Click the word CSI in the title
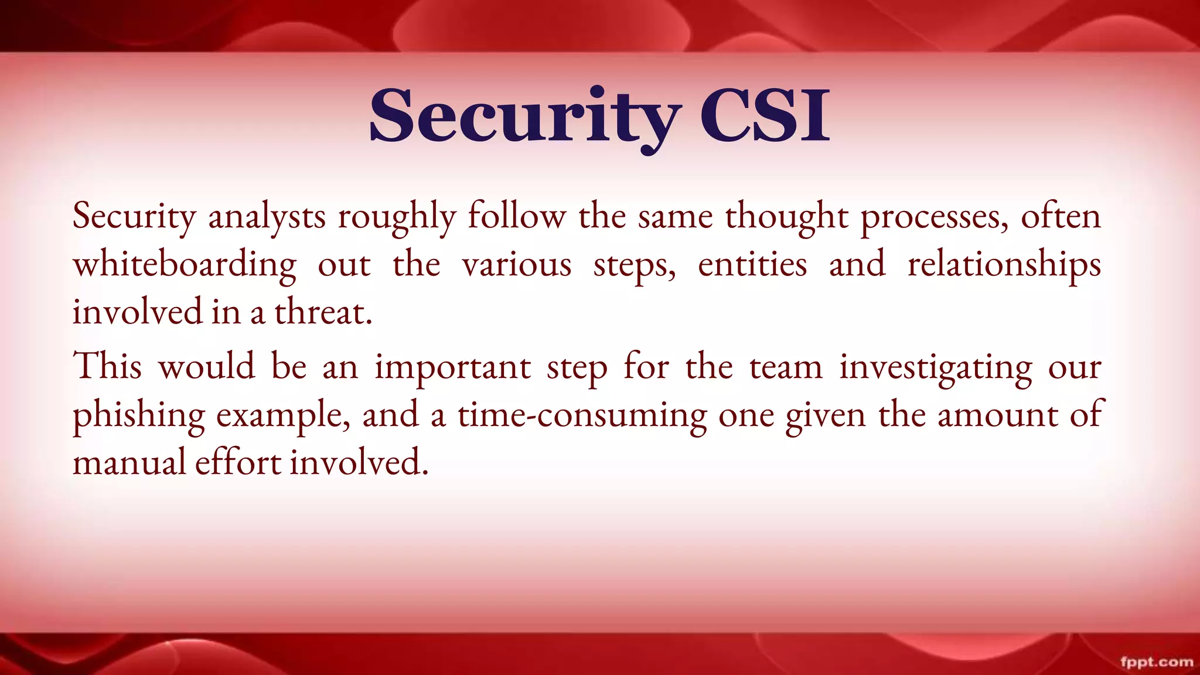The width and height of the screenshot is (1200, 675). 765,116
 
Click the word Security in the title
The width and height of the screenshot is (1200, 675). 524,116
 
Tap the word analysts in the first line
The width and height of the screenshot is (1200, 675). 267,217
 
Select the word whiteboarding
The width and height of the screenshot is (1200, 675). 185,265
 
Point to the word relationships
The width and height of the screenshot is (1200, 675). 1004,265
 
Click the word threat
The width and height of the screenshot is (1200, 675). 323,312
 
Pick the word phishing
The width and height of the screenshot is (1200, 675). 138,416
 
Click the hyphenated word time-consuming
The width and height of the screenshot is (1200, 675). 582,416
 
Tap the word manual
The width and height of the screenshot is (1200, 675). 129,463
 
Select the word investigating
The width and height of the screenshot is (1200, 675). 936,368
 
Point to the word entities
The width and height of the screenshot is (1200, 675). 752,265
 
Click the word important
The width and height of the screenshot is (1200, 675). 453,368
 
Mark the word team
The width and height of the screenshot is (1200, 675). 786,368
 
